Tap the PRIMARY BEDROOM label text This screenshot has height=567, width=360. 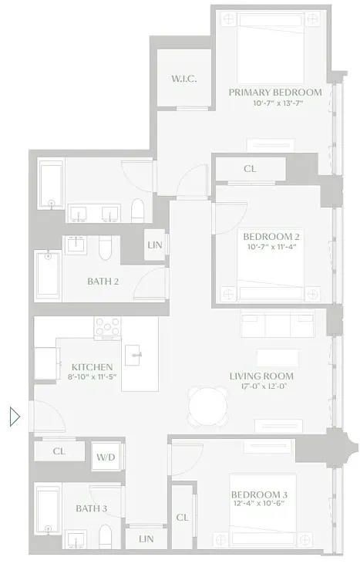click(275, 93)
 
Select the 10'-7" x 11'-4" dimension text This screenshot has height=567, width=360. click(271, 248)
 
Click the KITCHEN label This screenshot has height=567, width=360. click(93, 366)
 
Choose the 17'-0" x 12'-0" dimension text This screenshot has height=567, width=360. click(261, 387)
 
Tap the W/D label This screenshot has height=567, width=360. click(105, 457)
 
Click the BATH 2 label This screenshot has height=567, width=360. click(103, 281)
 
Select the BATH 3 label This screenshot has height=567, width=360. click(91, 508)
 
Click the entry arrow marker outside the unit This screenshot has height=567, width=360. click(14, 417)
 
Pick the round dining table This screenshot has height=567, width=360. click(209, 403)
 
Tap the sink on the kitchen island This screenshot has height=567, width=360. click(136, 354)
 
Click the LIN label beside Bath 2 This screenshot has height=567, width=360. click(153, 247)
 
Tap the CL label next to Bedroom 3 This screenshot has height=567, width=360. click(182, 518)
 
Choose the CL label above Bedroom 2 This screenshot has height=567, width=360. click(250, 168)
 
